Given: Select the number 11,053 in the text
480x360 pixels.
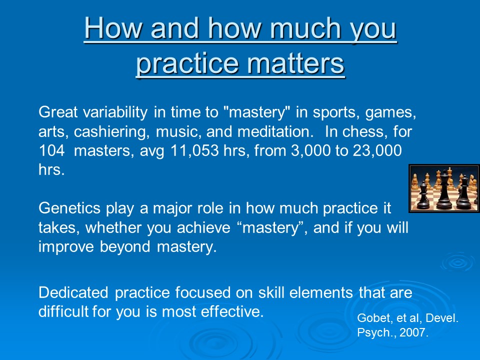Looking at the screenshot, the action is [x=194, y=151].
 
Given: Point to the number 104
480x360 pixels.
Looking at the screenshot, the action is [x=51, y=150].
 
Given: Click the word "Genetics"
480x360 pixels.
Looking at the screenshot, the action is [x=69, y=208].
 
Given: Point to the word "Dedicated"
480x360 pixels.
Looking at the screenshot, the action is [x=73, y=292].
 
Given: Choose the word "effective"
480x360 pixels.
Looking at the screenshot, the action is [x=232, y=311].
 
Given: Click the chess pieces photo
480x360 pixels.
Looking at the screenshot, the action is [x=444, y=188].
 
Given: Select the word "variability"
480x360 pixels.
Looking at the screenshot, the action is [x=115, y=112].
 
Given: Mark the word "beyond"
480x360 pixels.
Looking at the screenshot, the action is [x=125, y=247].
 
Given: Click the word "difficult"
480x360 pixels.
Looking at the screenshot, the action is [x=63, y=311].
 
